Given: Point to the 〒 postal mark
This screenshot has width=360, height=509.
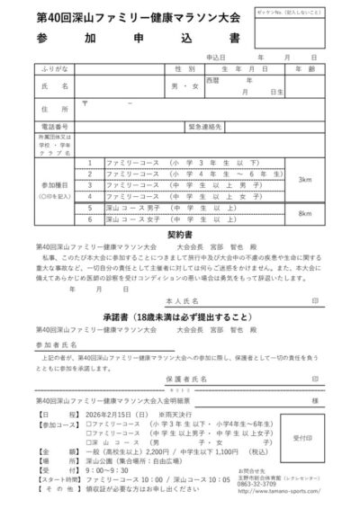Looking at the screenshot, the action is tap(85, 103).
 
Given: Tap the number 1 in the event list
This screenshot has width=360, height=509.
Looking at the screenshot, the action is tap(89, 162).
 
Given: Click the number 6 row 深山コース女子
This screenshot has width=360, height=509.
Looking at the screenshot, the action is tap(89, 219).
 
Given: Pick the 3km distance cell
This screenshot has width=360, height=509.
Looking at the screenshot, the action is tap(306, 179).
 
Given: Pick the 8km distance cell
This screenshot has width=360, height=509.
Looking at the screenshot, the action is tap(306, 213).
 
